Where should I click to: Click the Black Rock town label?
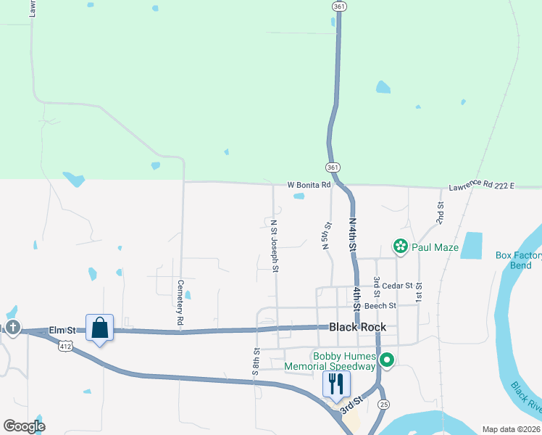(357, 327)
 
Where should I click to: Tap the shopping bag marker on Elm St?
(99, 328)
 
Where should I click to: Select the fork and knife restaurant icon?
(335, 383)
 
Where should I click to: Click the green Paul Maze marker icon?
(400, 247)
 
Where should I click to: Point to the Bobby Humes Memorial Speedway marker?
(387, 360)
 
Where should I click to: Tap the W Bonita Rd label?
(309, 185)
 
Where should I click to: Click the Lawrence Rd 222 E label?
(481, 186)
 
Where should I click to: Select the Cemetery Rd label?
(179, 302)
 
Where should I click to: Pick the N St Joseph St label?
(274, 246)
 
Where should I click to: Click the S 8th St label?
(257, 360)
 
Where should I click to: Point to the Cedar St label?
(398, 286)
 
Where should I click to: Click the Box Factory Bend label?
(518, 260)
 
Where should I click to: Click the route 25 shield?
(384, 404)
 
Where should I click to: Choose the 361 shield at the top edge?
(339, 6)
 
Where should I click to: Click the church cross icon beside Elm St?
(13, 328)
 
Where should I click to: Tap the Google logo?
(24, 426)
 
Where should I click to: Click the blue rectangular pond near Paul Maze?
(471, 246)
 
